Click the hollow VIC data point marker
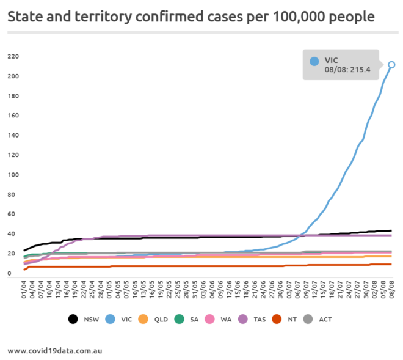[x=391, y=65]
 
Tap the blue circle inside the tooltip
[x=314, y=61]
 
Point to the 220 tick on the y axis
[x=13, y=57]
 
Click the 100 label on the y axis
[x=13, y=175]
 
